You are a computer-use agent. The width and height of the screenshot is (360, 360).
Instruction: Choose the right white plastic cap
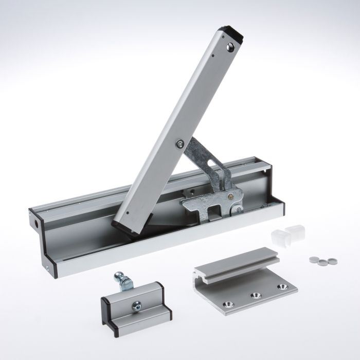click(x=294, y=232)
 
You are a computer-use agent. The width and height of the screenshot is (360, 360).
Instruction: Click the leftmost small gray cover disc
click(x=313, y=260)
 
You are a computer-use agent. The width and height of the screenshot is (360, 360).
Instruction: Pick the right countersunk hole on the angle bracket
click(x=281, y=286)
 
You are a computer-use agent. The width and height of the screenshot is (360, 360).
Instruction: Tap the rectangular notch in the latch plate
click(x=211, y=210)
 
